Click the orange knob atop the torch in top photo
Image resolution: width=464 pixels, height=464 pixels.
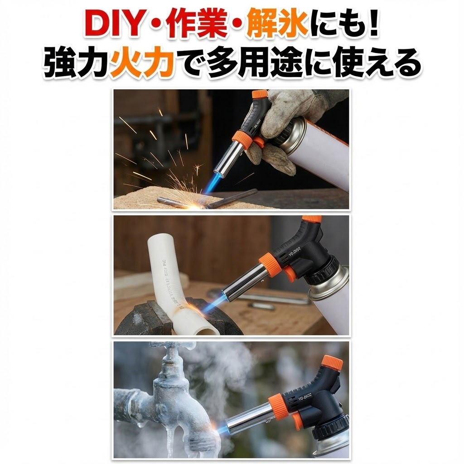pyautogui.click(x=260, y=95)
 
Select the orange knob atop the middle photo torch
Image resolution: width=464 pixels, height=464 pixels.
pyautogui.click(x=312, y=218)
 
